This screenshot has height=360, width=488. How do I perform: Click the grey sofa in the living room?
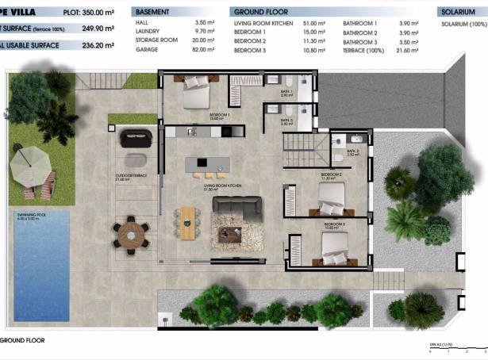coord(236,208)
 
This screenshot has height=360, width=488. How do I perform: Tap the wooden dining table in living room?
coord(186,222)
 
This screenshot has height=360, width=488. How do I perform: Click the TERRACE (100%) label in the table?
coord(363,49)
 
